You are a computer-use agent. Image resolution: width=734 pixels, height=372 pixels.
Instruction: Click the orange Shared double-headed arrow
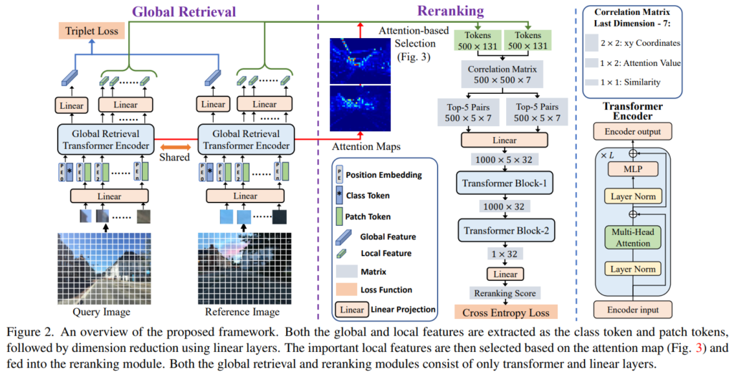(174, 147)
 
